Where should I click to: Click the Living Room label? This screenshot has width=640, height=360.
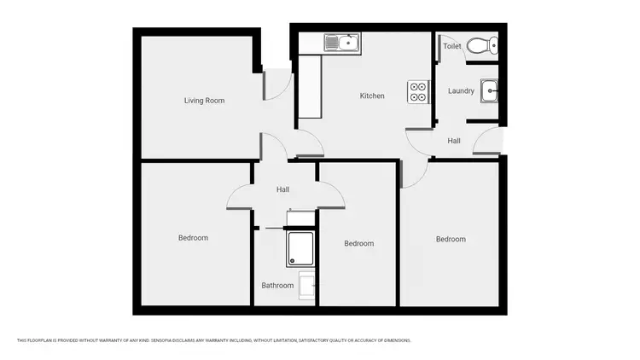tap(204, 101)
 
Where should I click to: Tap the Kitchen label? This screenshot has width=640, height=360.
tap(372, 96)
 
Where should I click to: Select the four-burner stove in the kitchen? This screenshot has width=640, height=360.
tap(418, 91)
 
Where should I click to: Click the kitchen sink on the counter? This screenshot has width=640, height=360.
tap(343, 42)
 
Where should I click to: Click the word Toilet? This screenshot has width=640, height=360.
tap(452, 46)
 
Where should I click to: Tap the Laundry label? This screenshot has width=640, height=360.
tap(461, 91)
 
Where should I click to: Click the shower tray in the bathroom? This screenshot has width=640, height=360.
tap(300, 248)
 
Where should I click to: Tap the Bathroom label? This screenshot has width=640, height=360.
tap(277, 286)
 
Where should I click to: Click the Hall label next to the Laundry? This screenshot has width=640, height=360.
tap(454, 141)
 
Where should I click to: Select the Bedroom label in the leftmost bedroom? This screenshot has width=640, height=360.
tap(193, 238)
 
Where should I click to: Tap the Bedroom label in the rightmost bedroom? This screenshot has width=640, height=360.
tap(451, 239)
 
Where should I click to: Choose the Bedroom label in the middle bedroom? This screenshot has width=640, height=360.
tap(358, 244)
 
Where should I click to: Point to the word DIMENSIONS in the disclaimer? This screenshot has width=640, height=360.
tap(399, 340)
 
